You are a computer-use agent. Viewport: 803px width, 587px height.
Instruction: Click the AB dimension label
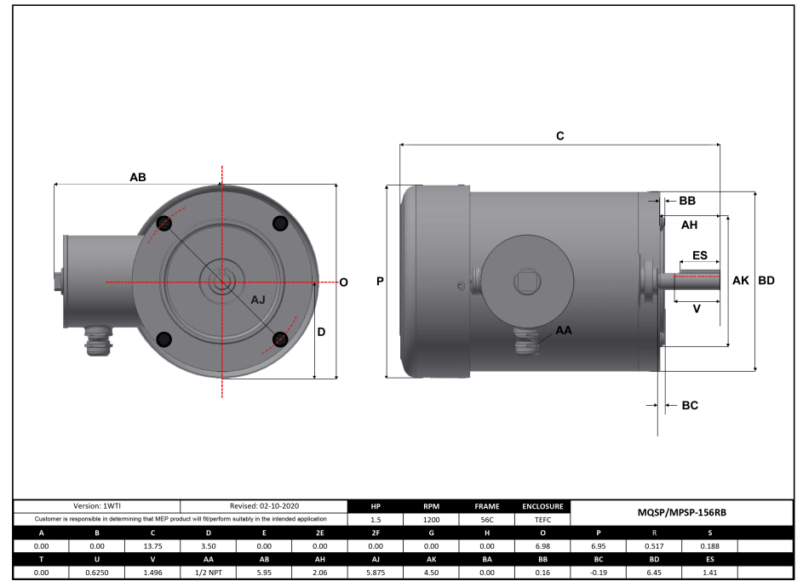pyautogui.click(x=137, y=178)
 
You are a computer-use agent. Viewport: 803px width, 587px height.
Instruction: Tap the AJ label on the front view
pyautogui.click(x=258, y=300)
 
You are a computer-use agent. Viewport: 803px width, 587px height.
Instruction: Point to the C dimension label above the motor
pyautogui.click(x=560, y=136)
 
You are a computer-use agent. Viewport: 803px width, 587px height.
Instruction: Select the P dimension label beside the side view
pyautogui.click(x=380, y=282)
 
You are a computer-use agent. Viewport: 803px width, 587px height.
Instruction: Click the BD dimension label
pyautogui.click(x=766, y=281)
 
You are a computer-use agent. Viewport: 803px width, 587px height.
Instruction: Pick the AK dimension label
pyautogui.click(x=740, y=281)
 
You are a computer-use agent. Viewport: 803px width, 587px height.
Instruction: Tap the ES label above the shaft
pyautogui.click(x=699, y=255)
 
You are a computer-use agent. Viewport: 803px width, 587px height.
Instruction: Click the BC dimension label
pyautogui.click(x=690, y=406)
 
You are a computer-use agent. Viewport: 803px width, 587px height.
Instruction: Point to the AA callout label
pyautogui.click(x=564, y=329)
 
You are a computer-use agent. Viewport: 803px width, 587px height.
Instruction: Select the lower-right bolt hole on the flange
pyautogui.click(x=279, y=339)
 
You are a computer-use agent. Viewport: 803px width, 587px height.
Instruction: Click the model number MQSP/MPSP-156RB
pyautogui.click(x=681, y=512)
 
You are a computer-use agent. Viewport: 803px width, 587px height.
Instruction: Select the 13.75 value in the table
pyautogui.click(x=153, y=545)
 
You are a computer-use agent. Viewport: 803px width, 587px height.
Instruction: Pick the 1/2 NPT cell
pyautogui.click(x=209, y=573)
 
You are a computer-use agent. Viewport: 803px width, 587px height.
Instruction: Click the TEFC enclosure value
pyautogui.click(x=542, y=519)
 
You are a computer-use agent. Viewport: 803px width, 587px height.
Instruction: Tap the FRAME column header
pyautogui.click(x=486, y=506)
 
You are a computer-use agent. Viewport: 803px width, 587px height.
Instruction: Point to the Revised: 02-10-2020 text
pyautogui.click(x=264, y=506)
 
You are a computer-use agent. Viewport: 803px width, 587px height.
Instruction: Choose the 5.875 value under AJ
pyautogui.click(x=376, y=573)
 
